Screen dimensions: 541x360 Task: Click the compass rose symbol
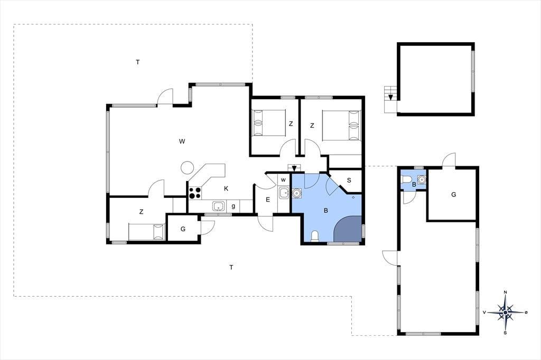506,312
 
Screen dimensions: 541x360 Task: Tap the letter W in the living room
182,141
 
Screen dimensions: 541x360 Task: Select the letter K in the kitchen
226,188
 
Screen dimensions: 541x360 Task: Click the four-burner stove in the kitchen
195,193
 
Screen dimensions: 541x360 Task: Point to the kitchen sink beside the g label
218,206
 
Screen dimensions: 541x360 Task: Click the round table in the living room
188,168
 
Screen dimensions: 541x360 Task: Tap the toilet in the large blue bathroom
314,236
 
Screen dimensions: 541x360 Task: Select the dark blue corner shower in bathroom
348,229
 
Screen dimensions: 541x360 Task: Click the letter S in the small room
349,181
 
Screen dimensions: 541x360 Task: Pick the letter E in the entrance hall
268,200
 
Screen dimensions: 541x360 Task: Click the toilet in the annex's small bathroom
405,179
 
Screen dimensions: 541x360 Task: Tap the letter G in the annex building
453,194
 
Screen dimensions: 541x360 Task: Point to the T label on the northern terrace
138,62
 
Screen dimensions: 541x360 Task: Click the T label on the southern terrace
231,267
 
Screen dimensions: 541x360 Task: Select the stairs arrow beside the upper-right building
390,97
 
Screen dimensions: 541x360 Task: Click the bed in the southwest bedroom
146,232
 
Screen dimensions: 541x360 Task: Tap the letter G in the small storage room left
183,229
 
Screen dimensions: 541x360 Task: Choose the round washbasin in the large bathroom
296,193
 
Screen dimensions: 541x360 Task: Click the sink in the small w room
284,193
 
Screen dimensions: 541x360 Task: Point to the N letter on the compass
506,292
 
